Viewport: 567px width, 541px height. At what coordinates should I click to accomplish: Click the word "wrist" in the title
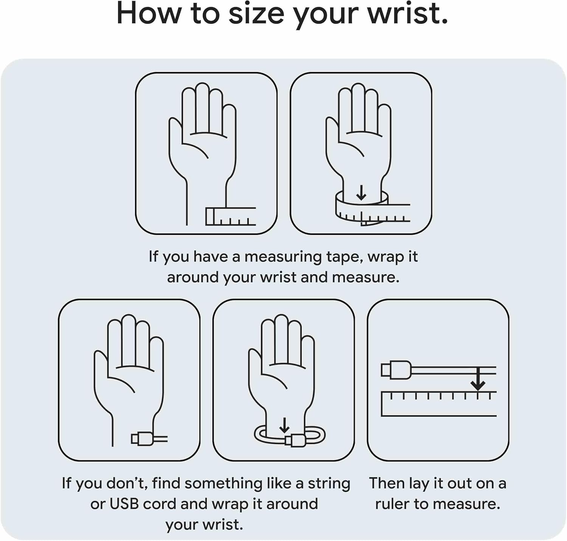408,14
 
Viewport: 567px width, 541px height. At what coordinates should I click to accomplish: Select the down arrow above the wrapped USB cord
284,425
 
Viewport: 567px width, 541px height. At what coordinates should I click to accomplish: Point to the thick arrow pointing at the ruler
478,378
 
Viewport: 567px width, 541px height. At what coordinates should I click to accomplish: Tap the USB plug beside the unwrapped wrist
142,439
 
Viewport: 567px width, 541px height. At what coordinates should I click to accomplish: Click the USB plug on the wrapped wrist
295,440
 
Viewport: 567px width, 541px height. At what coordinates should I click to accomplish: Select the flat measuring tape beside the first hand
231,216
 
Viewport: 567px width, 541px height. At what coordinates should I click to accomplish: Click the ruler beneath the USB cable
438,404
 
